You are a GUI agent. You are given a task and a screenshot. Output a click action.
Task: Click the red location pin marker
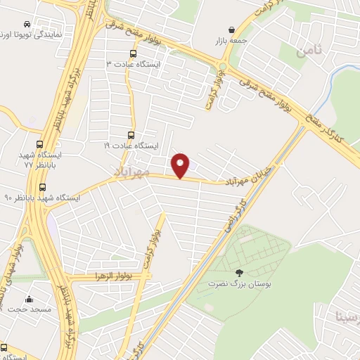click(181, 165)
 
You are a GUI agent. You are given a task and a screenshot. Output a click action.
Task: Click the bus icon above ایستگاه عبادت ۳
click(134, 53)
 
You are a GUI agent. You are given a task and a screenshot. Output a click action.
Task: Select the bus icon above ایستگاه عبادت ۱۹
click(131, 136)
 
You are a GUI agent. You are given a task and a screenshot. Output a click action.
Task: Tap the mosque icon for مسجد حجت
click(29, 298)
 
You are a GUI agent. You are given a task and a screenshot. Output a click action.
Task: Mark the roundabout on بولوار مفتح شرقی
click(223, 68)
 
